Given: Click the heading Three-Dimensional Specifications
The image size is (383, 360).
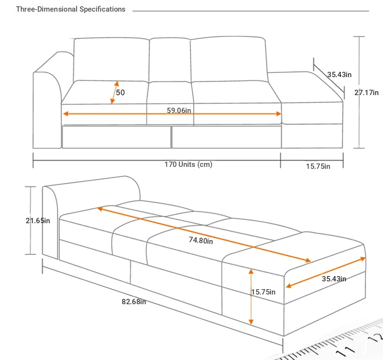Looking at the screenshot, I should [x=71, y=9].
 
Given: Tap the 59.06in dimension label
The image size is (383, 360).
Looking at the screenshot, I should [x=179, y=110].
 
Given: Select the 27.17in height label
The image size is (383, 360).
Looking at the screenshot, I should [x=367, y=92].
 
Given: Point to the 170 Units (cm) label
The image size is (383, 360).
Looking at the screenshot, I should [x=188, y=164].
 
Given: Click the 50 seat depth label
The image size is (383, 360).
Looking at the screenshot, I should [x=120, y=92].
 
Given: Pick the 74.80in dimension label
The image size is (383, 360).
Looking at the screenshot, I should [x=201, y=240].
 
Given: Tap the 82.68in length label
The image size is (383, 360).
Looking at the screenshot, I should [x=134, y=301].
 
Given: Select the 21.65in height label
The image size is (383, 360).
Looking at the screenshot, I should [x=38, y=220].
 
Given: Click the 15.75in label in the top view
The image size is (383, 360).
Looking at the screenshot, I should [x=318, y=166].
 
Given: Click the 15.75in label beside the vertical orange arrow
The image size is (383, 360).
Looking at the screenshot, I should [x=263, y=292].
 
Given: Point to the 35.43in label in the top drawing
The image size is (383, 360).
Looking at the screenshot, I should [x=339, y=74].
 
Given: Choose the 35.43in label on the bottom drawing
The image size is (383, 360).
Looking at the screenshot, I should [x=334, y=278].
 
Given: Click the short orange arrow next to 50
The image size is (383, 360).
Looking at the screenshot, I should [x=114, y=92].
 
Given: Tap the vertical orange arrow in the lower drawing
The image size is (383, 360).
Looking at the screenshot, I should [x=251, y=296].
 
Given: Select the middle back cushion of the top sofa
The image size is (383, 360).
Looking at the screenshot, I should [x=169, y=59].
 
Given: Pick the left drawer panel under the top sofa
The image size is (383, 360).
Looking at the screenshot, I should [x=116, y=137].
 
